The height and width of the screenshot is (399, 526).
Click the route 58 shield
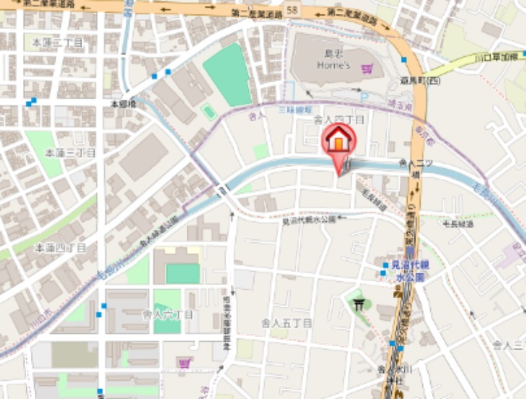(x=292, y=11)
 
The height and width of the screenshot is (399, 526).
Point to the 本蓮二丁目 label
(x=57, y=42)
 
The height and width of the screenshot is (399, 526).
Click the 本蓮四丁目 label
(x=60, y=248)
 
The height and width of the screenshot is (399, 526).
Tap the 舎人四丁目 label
(x=339, y=119)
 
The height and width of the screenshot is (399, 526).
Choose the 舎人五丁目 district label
(x=287, y=323)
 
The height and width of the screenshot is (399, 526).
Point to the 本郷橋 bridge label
(x=123, y=104)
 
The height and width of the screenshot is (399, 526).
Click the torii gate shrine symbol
(x=360, y=304)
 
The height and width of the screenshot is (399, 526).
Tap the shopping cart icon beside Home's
(x=367, y=68)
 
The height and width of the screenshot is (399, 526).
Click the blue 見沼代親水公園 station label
(x=410, y=270)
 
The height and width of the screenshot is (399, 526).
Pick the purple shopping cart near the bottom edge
(x=185, y=362)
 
